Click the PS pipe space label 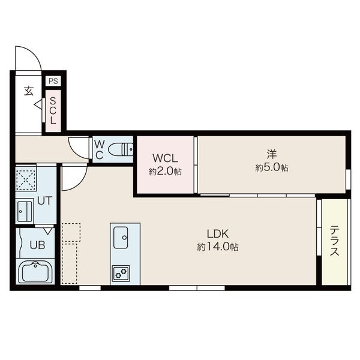click(53, 81)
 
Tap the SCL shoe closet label click(53, 110)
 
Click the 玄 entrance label click(29, 91)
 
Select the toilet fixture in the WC click(121, 149)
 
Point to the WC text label click(99, 150)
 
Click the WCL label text click(165, 158)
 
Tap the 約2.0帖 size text click(165, 171)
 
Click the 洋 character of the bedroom click(272, 154)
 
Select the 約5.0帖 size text click(272, 167)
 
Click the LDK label click(218, 234)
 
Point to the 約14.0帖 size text click(218, 247)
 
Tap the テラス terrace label click(334, 241)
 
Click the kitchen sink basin click(121, 238)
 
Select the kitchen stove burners click(121, 273)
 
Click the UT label click(44, 200)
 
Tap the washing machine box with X click(26, 178)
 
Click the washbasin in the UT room click(25, 211)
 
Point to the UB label click(37, 245)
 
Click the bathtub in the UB click(35, 272)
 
